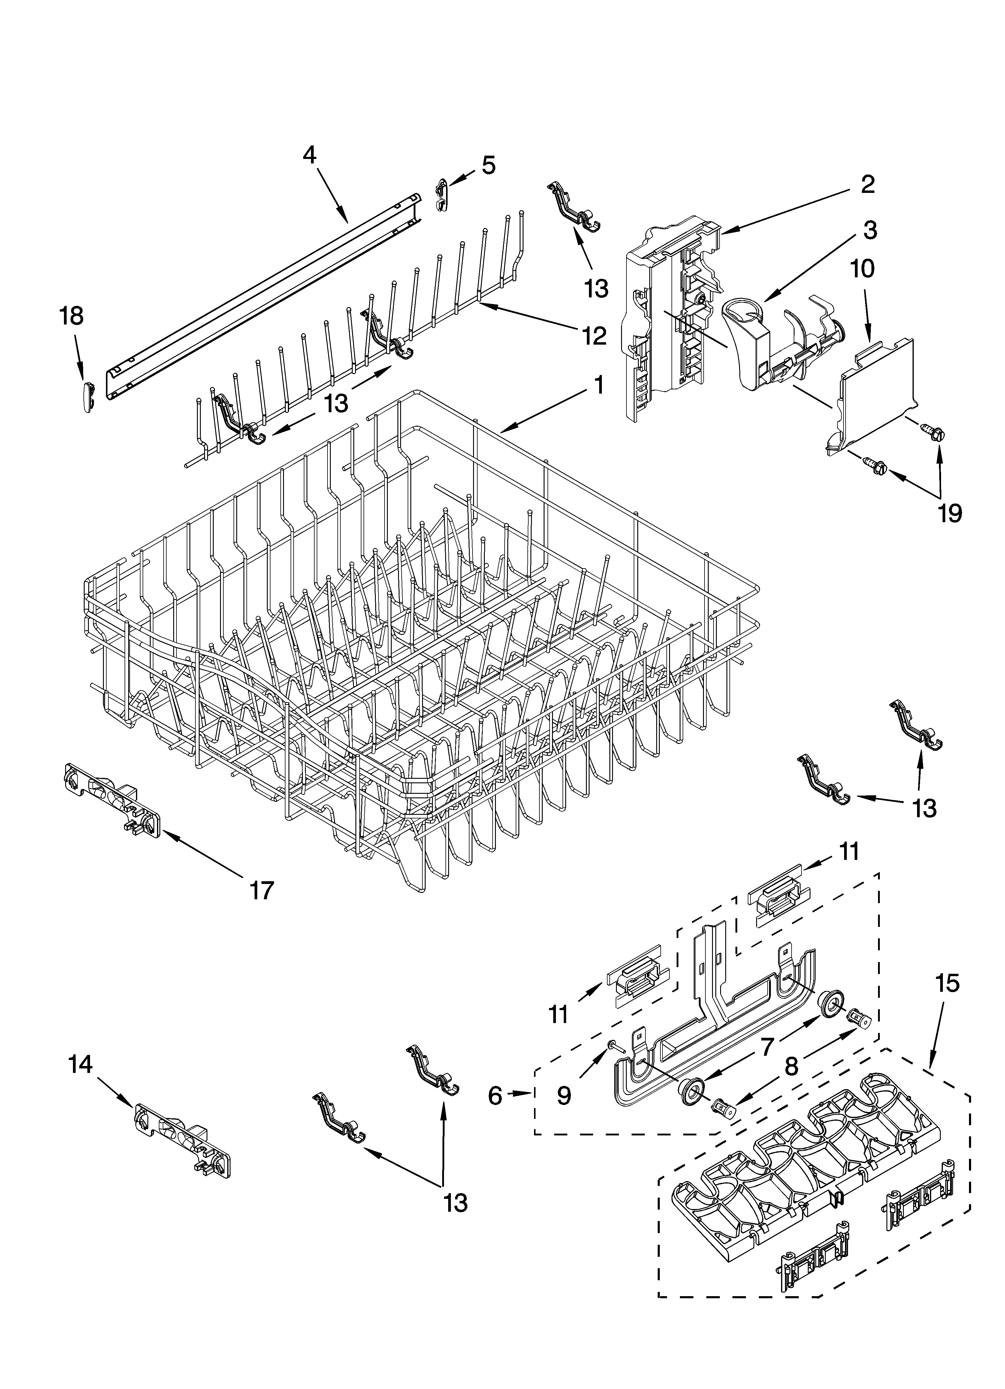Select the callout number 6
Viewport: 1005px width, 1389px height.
495,1095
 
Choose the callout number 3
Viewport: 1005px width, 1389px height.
870,230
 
